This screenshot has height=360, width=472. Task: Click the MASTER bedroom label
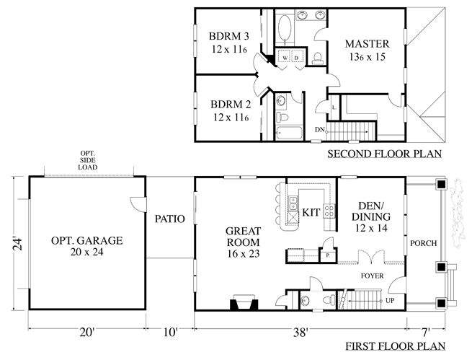pos(367,44)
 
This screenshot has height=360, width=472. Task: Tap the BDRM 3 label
pos(229,37)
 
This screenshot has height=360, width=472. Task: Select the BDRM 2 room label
pos(231,105)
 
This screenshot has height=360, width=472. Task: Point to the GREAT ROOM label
pos(244,237)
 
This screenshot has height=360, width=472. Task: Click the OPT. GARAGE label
pos(87,240)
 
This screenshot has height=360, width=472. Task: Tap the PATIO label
pos(170,219)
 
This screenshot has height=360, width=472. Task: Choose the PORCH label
pos(423,243)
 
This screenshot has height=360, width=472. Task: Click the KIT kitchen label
pos(311,212)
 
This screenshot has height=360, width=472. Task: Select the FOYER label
pos(373,276)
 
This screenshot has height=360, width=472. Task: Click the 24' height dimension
pos(18,244)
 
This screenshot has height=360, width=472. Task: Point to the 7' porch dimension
pos(425,333)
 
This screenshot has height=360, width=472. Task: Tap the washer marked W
pos(285,58)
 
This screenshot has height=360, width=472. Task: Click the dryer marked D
pos(297,58)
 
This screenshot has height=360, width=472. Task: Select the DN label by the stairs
pos(320,130)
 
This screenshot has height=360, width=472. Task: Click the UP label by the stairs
pos(390,301)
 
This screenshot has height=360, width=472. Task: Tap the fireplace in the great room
pos(244,302)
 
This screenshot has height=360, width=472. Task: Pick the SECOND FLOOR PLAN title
pos(385,154)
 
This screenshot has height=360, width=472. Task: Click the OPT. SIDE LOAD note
pos(88,160)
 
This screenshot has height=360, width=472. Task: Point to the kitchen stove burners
pos(329,211)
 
